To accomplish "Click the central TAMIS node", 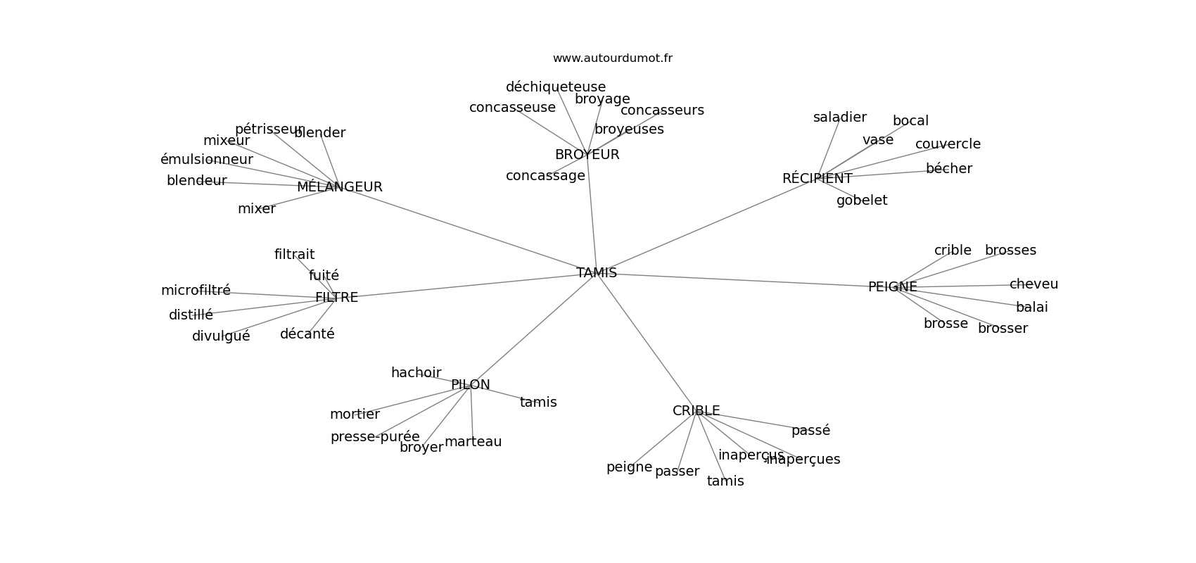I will pyautogui.click(x=597, y=273).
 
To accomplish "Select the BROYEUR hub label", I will pyautogui.click(x=587, y=155).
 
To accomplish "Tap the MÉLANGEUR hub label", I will pyautogui.click(x=339, y=187).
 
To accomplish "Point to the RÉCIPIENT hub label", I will pyautogui.click(x=817, y=179).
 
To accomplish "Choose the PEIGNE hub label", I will pyautogui.click(x=892, y=287).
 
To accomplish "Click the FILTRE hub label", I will pyautogui.click(x=336, y=298).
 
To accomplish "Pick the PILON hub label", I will pyautogui.click(x=470, y=385).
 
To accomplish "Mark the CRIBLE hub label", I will pyautogui.click(x=696, y=411).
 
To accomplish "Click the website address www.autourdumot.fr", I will pyautogui.click(x=612, y=58).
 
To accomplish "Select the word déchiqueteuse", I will pyautogui.click(x=555, y=87).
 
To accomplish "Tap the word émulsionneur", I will pyautogui.click(x=206, y=160).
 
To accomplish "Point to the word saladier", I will pyautogui.click(x=839, y=118).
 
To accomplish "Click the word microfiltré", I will pyautogui.click(x=196, y=291).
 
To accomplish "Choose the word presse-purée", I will pyautogui.click(x=375, y=437).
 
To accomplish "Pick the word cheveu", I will pyautogui.click(x=1033, y=284).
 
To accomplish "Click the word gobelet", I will pyautogui.click(x=861, y=201).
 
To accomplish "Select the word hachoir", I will pyautogui.click(x=416, y=373).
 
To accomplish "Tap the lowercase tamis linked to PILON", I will pyautogui.click(x=538, y=403).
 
